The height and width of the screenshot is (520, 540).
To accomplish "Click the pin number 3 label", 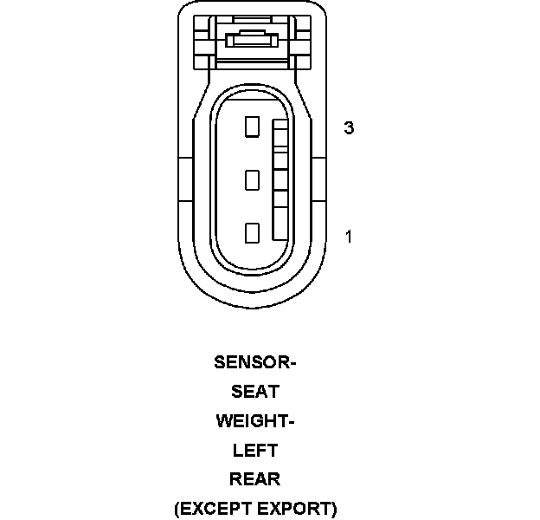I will point(349,128).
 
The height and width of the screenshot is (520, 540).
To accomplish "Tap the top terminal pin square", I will point(252,127).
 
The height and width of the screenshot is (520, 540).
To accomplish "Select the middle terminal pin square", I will point(252,180).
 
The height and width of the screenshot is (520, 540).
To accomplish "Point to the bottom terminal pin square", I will point(252,233).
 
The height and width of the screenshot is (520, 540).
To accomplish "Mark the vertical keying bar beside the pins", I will point(280,180).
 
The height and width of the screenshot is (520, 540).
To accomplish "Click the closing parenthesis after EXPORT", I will point(333,509).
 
